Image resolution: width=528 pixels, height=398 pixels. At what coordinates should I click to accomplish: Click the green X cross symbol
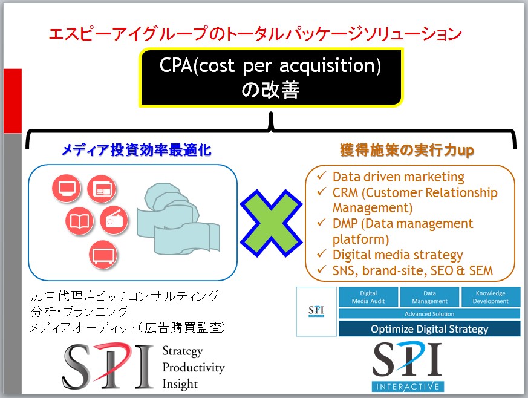[x=271, y=224]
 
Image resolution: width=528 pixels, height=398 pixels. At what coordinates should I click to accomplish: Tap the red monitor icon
[x=67, y=188]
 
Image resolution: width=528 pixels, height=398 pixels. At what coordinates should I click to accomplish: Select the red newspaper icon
[x=102, y=189]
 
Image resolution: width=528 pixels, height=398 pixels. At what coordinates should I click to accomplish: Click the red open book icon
[x=79, y=221]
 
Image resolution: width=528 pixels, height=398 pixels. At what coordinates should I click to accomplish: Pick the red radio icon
[x=114, y=221]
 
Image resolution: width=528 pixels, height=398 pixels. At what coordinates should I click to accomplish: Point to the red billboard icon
[x=103, y=255]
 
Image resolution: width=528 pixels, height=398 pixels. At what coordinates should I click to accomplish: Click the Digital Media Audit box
[x=368, y=297]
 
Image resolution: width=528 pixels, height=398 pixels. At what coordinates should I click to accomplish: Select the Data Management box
[x=429, y=297]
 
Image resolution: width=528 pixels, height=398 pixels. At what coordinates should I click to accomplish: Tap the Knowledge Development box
[x=491, y=297]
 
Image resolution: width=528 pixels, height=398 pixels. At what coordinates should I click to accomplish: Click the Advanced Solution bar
[x=429, y=314]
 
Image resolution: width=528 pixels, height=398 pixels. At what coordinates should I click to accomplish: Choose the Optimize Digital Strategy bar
[x=429, y=328]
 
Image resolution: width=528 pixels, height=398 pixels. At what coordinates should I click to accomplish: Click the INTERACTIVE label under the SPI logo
[x=408, y=387]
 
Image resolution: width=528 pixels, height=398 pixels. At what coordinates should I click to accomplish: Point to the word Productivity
[x=194, y=367]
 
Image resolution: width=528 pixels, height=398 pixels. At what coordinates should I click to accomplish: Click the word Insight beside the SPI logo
[x=180, y=384]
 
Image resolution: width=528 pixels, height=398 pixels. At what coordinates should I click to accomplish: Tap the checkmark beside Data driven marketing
[x=322, y=176]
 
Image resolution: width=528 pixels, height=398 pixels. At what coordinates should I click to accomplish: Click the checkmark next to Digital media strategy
[x=322, y=254]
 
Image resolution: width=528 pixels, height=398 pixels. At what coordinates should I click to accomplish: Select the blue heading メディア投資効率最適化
[x=136, y=150]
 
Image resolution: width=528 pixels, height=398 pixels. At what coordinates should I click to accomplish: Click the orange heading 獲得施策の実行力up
[x=407, y=150]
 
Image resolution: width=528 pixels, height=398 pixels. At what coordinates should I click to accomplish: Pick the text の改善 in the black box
[x=270, y=90]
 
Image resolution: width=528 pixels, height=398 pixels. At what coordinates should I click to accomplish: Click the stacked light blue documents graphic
[x=178, y=219]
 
